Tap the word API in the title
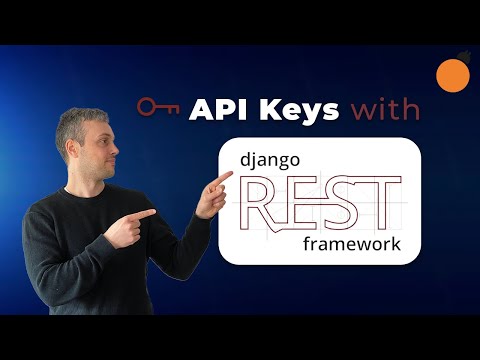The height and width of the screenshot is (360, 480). coord(213,108)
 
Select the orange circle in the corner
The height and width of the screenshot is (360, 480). coord(455,74)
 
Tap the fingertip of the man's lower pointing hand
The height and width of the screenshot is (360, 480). coord(154,212)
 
